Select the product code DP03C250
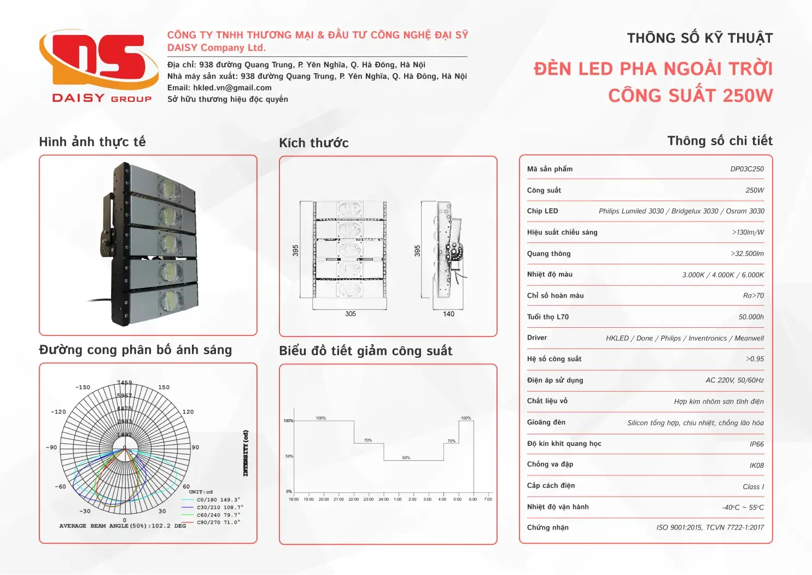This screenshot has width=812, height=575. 746,169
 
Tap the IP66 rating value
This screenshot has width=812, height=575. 756,444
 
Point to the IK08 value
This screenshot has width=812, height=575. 756,466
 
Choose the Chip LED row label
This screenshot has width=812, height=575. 542,211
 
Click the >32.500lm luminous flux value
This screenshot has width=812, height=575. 747,254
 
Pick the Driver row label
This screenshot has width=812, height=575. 537,338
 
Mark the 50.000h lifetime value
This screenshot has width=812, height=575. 751,317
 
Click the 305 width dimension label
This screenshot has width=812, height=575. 350,314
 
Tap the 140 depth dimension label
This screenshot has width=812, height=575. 448,314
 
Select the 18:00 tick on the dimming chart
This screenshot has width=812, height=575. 294,500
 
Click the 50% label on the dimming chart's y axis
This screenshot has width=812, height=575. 289,456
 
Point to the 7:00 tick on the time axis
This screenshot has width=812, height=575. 488,500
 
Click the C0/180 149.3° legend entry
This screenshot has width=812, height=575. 218,500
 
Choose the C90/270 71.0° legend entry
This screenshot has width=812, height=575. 218,522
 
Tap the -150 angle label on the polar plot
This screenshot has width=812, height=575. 83,387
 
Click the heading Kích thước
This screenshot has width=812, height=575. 313,143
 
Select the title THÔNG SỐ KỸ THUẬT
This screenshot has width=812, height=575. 699,38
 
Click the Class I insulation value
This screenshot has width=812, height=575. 753,487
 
